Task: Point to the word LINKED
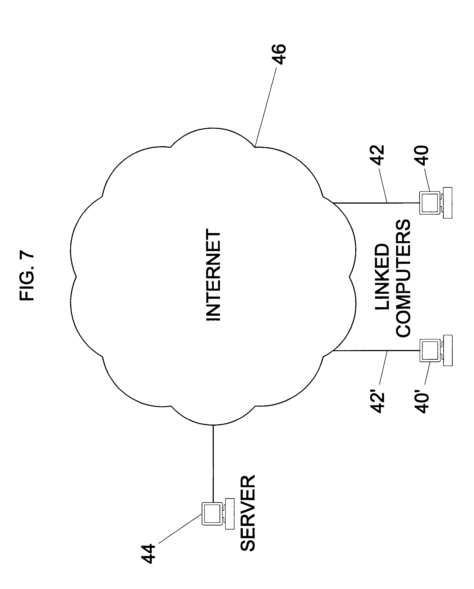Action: (x=382, y=277)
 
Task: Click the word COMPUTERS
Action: (x=403, y=278)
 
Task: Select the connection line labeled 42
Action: (x=377, y=203)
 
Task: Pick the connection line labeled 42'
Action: (x=377, y=350)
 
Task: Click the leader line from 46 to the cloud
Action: (x=265, y=107)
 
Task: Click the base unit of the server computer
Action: (x=230, y=514)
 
